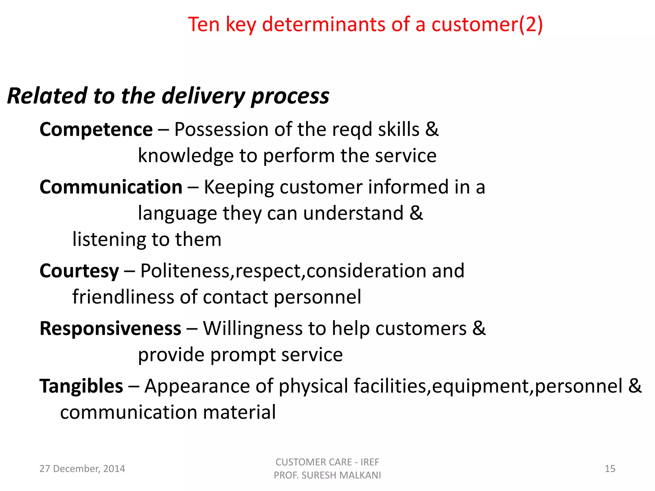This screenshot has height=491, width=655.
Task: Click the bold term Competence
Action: click(x=96, y=130)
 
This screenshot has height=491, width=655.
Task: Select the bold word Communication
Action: click(x=111, y=187)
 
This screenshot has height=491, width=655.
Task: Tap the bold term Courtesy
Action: click(x=79, y=271)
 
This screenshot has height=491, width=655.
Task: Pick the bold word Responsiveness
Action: click(x=110, y=329)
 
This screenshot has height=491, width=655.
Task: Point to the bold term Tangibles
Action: click(x=81, y=386)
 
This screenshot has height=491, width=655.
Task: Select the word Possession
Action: click(x=221, y=130)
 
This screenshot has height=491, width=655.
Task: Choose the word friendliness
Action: click(x=123, y=297)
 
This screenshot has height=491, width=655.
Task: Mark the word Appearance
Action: click(x=197, y=386)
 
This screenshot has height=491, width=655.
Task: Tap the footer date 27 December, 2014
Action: click(x=82, y=469)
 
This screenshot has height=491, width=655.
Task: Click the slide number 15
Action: click(x=610, y=469)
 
